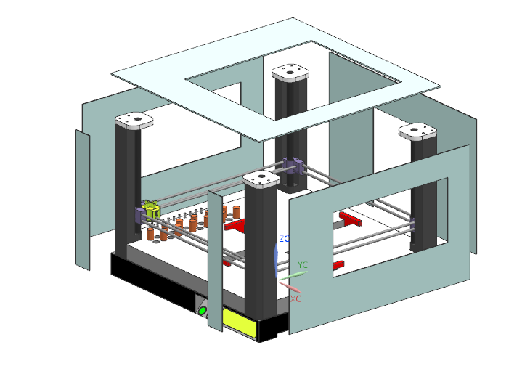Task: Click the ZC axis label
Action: tap(285, 238)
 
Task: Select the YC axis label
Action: tap(303, 265)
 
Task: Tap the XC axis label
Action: tap(295, 298)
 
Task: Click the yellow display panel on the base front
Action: tap(239, 322)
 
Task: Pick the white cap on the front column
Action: tap(261, 179)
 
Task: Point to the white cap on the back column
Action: tap(292, 72)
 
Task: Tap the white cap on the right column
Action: tap(418, 131)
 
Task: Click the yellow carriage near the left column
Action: tap(151, 211)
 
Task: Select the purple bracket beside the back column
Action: tap(292, 166)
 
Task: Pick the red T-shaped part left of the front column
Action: tap(236, 225)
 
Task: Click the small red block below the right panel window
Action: tap(338, 264)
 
